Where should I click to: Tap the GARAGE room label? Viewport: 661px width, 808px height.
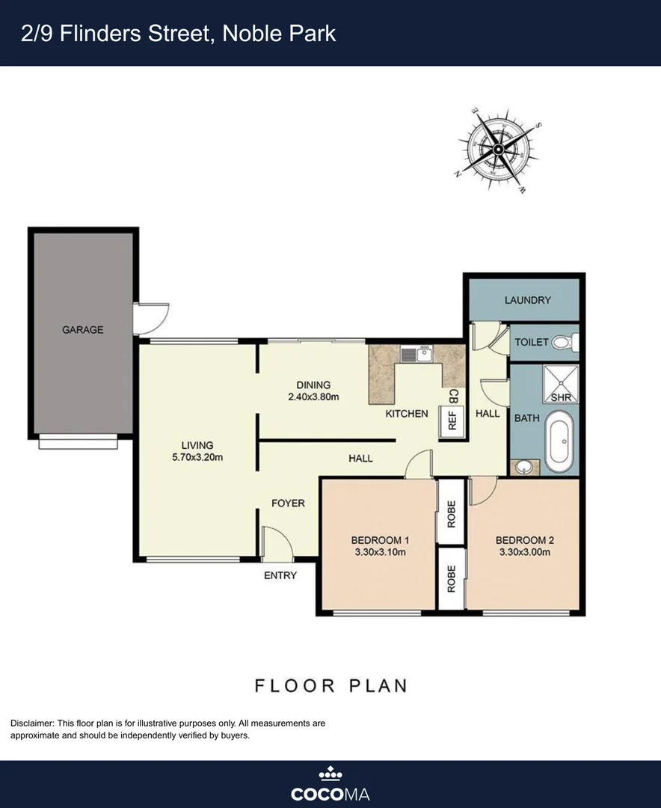click(x=82, y=329)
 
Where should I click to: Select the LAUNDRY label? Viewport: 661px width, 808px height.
click(x=527, y=300)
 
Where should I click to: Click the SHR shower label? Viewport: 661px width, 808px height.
click(x=560, y=397)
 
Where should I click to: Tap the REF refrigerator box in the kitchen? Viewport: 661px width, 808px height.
click(x=452, y=420)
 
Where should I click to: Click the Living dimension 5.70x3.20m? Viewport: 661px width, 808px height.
click(x=197, y=457)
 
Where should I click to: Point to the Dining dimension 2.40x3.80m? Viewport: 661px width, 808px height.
click(x=313, y=397)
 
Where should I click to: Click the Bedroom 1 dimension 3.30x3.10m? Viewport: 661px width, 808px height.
click(x=380, y=553)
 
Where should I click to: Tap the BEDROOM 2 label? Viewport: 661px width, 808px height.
click(x=523, y=540)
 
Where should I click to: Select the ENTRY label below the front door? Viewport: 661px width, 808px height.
click(x=280, y=575)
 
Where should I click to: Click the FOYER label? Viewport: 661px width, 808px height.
click(x=288, y=503)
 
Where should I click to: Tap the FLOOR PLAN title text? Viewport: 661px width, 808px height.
click(x=330, y=685)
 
